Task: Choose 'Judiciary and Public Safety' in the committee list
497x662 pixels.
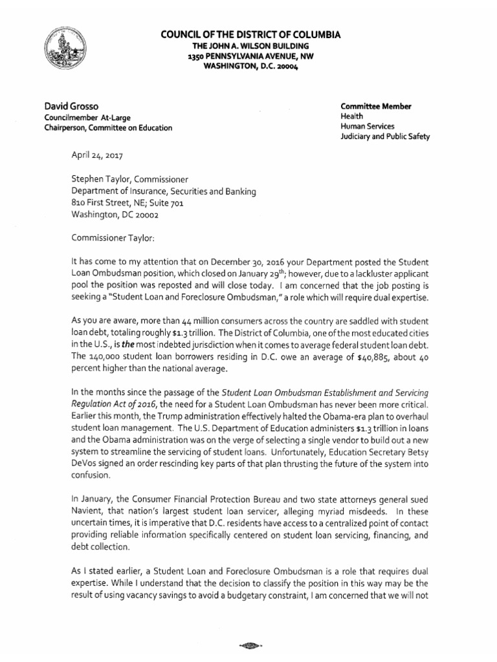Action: [385, 136]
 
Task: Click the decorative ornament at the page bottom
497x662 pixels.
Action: [248, 645]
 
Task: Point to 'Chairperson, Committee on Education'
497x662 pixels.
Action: [107, 127]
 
